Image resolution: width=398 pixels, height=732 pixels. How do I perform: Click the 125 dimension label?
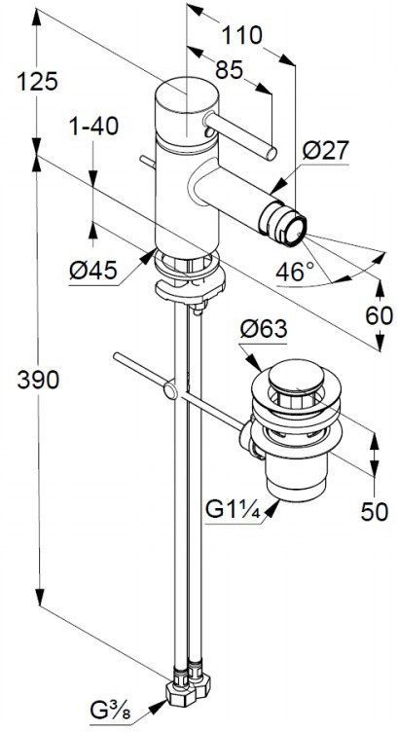click(x=37, y=82)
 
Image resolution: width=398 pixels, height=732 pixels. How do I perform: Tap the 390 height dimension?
click(x=38, y=380)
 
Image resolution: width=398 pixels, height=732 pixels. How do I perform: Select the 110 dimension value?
click(x=241, y=35)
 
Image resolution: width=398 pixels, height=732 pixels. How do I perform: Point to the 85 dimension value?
click(x=230, y=70)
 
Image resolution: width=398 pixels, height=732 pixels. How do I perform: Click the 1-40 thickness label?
click(x=93, y=126)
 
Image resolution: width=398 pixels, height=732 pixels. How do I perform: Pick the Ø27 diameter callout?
click(x=326, y=151)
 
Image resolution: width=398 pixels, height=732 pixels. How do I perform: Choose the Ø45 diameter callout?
click(x=93, y=270)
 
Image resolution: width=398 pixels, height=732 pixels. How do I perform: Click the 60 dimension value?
click(x=379, y=316)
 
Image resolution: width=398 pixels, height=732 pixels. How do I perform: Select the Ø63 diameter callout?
click(x=264, y=331)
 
